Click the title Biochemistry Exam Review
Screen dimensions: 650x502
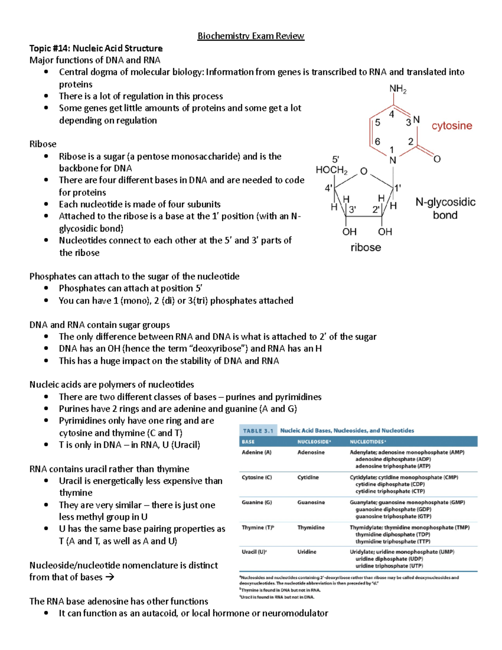(x=251, y=36)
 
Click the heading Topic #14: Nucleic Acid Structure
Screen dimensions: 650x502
(x=96, y=48)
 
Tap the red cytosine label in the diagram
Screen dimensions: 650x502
(x=451, y=126)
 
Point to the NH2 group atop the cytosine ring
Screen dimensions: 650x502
(x=397, y=89)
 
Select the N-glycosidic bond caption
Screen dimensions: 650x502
(x=445, y=208)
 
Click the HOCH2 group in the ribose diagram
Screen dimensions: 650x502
(x=331, y=170)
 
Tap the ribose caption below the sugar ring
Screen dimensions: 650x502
(x=366, y=247)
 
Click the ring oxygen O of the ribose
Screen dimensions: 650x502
(x=364, y=171)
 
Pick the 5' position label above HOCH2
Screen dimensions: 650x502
(x=336, y=159)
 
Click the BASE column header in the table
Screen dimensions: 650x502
(x=248, y=442)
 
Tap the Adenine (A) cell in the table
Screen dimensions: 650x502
(x=256, y=452)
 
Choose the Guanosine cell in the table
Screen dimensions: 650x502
(x=311, y=502)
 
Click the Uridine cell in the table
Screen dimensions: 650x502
(x=307, y=552)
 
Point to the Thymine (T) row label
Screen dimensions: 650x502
(x=258, y=527)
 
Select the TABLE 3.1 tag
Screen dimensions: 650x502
(x=258, y=431)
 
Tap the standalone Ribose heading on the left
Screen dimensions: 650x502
(x=43, y=144)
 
